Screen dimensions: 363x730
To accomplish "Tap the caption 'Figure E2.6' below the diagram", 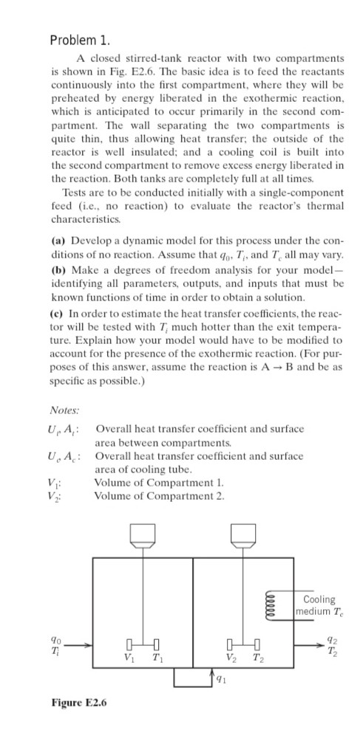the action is (x=79, y=702).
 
